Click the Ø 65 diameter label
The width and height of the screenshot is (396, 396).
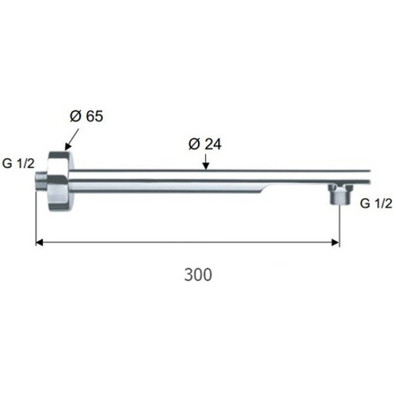click(86, 116)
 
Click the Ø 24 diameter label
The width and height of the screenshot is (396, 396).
click(205, 144)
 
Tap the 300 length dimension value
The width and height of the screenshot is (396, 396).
click(198, 275)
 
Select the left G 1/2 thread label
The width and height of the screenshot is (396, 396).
click(18, 164)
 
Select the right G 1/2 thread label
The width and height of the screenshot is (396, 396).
click(376, 203)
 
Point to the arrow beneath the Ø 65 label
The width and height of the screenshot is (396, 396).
click(72, 140)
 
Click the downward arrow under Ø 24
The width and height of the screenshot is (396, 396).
click(206, 162)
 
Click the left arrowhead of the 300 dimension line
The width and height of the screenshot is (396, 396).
click(40, 242)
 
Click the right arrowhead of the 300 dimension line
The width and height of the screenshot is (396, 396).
click(335, 242)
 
